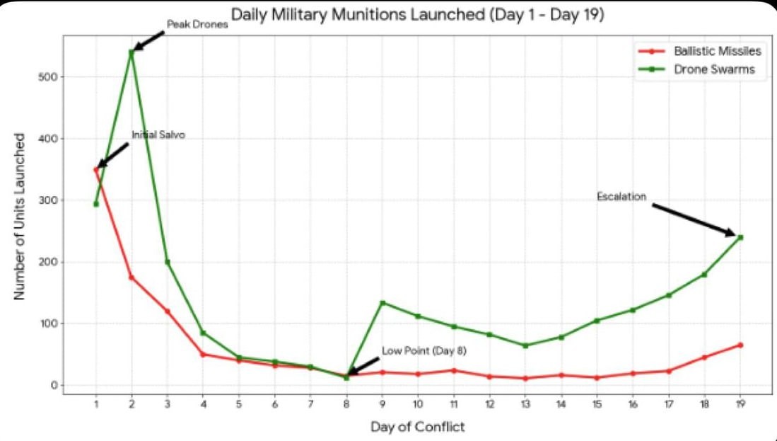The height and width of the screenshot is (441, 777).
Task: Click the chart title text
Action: [x=417, y=16]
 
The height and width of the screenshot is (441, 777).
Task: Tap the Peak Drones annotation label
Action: [x=197, y=25]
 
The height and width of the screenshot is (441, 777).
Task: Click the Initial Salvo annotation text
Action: [x=158, y=135]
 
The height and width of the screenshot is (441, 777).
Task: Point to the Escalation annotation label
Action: [x=621, y=197]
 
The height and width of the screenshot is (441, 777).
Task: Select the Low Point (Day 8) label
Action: [x=424, y=351]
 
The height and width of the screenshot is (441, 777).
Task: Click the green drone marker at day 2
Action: [x=132, y=52]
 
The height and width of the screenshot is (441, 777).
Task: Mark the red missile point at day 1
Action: [x=95, y=169]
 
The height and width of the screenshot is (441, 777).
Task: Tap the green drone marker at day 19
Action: [x=740, y=237]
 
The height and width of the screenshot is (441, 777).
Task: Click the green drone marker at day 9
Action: [x=382, y=303]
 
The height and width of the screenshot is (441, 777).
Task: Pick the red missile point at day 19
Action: [x=740, y=345]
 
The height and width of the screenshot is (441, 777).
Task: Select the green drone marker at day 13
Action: [x=525, y=345]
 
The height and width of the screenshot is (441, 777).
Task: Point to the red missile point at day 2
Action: [x=132, y=277]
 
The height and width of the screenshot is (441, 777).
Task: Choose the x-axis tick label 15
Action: [x=597, y=403]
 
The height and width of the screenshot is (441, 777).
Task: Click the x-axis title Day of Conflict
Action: [x=418, y=427]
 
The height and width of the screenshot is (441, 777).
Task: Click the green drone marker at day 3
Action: [x=168, y=262]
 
